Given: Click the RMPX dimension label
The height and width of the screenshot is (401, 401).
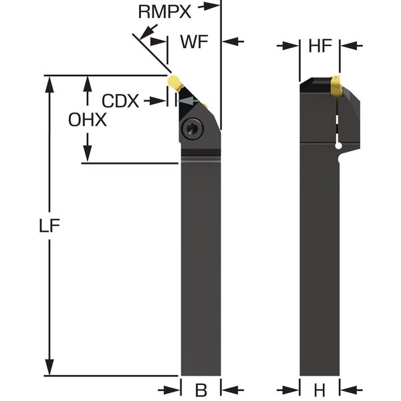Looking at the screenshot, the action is pos(164,12).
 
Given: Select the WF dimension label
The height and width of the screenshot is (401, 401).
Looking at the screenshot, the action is pos(194,41).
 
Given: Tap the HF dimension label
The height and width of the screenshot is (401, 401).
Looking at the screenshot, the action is pos(320,46).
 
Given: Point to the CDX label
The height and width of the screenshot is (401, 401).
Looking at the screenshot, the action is pos(120,101).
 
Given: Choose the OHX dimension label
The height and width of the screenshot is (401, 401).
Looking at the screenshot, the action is pos(88,120).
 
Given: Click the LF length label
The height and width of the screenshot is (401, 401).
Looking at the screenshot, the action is pos(49,226).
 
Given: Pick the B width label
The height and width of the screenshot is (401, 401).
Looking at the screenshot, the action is pos(201,390).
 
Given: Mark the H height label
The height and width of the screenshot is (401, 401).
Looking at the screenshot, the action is pos(319,390).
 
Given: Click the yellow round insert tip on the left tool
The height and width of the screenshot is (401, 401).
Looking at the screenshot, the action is pos(173,82).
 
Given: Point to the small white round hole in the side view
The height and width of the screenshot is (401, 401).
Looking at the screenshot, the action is pos(339,146).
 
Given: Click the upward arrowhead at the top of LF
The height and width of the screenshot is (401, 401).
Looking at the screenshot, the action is pos(49,85).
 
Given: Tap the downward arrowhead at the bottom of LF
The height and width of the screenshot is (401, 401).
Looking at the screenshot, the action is pos(49,367).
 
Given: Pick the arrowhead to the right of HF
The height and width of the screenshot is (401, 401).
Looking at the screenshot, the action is pos(349,46).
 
